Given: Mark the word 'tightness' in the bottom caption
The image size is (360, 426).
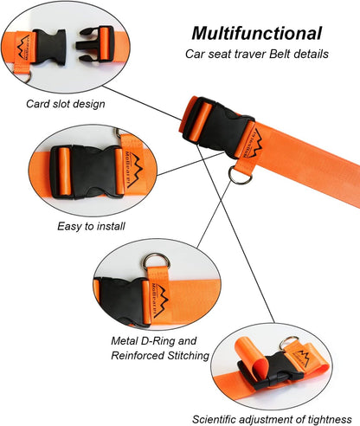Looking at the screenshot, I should pos(332,417).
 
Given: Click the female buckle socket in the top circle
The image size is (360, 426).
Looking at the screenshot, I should pos(49,42).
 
